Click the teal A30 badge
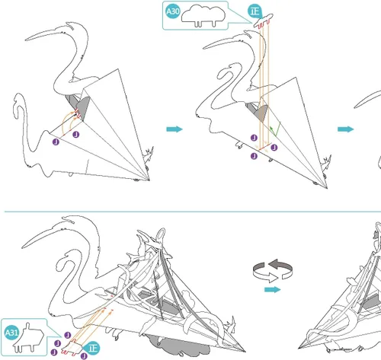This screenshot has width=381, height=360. pyautogui.click(x=173, y=11)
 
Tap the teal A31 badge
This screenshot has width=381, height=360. pyautogui.click(x=11, y=333)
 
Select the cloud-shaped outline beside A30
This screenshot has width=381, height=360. pyautogui.click(x=203, y=15)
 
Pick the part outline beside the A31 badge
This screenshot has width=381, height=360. pyautogui.click(x=29, y=338)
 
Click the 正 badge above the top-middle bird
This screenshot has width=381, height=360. pyautogui.click(x=255, y=11)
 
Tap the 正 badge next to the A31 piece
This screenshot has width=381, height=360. pyautogui.click(x=92, y=348)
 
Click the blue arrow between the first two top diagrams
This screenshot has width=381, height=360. pyautogui.click(x=174, y=129)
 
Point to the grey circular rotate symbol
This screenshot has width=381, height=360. pyautogui.click(x=273, y=270)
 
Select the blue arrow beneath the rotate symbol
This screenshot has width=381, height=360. pyautogui.click(x=273, y=289)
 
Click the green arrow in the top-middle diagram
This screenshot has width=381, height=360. pyautogui.click(x=276, y=129)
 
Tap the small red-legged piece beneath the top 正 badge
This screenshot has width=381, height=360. pyautogui.click(x=264, y=21)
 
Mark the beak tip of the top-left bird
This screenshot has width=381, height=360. pyautogui.click(x=25, y=40)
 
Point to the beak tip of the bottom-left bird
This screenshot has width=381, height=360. pyautogui.click(x=22, y=247)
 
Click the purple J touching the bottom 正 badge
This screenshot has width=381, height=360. pyautogui.click(x=84, y=355)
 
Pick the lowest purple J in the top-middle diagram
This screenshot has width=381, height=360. pyautogui.click(x=254, y=156)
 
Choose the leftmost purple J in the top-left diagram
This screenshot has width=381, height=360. pyautogui.click(x=56, y=142)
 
